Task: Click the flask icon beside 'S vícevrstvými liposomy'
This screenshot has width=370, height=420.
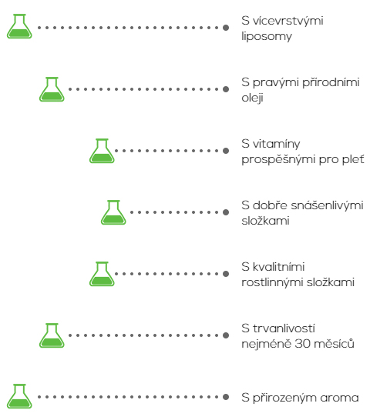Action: (x=19, y=26)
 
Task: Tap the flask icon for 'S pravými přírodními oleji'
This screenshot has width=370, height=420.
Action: (x=52, y=89)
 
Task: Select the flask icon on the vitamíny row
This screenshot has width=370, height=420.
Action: (x=102, y=151)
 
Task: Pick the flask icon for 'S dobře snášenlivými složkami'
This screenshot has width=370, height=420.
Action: (x=113, y=212)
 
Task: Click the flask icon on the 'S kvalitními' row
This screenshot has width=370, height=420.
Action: (x=102, y=274)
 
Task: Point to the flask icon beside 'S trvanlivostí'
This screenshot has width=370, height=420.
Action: (x=52, y=335)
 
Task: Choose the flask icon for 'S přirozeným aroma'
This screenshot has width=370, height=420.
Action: (x=19, y=396)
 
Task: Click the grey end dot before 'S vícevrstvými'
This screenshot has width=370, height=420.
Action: (x=226, y=28)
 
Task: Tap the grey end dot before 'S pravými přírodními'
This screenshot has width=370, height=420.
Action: (x=226, y=89)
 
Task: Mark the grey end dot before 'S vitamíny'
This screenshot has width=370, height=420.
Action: (x=226, y=151)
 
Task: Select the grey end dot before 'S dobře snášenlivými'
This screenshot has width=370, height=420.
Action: (x=226, y=212)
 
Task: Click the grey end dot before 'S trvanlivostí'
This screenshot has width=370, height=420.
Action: (x=226, y=335)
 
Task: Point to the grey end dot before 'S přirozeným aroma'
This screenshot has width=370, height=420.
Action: (x=226, y=397)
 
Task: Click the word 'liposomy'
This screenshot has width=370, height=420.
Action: (x=267, y=37)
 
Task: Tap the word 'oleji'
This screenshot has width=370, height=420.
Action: (x=252, y=98)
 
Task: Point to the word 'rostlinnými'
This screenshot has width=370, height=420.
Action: (x=273, y=282)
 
